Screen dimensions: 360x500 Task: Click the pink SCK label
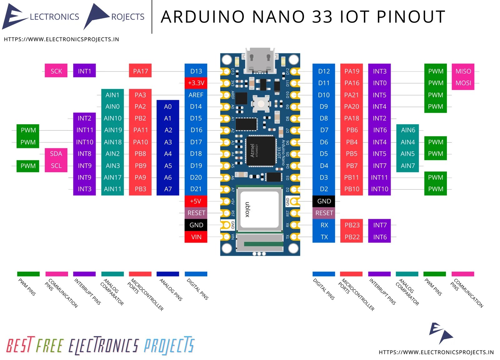(x=56, y=71)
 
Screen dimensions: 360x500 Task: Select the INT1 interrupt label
(x=84, y=71)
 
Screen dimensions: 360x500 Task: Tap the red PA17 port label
(x=140, y=71)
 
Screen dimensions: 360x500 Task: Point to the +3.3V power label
(x=196, y=83)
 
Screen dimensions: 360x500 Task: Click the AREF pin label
(x=196, y=95)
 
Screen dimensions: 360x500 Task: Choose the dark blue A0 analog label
(x=168, y=107)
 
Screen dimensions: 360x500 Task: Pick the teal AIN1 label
(x=112, y=95)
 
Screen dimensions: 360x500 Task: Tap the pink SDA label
(x=56, y=154)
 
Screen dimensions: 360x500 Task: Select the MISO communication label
(x=463, y=71)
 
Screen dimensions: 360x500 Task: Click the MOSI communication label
(x=463, y=83)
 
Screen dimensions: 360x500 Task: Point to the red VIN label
(x=196, y=237)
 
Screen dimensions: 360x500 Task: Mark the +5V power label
(x=196, y=201)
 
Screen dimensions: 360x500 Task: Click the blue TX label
(x=324, y=237)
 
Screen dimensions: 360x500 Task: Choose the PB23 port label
(x=352, y=225)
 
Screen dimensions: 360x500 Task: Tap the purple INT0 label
(x=380, y=83)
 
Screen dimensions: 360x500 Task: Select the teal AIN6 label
(x=408, y=130)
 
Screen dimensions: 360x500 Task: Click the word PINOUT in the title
(x=411, y=17)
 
